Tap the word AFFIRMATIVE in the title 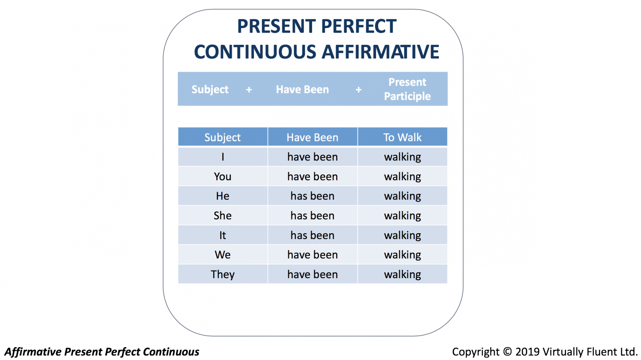pos(381,52)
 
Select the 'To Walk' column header pos(402,138)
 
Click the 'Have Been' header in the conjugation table pos(312,138)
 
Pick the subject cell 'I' pos(223,157)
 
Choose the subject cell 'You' pos(223,176)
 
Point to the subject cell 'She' pos(223,215)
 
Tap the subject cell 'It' pos(223,235)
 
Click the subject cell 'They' pos(223,274)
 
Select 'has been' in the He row pos(312,196)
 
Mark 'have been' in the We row pos(312,255)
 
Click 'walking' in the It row pos(402,235)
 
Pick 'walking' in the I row pos(402,157)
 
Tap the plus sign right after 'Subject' pos(249,90)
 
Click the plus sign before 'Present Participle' pos(359,90)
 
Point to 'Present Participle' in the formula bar pos(407,89)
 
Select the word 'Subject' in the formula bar pos(210,90)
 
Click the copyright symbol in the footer pos(507,352)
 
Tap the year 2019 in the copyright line pos(527,352)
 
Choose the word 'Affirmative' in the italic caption pos(33,352)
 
